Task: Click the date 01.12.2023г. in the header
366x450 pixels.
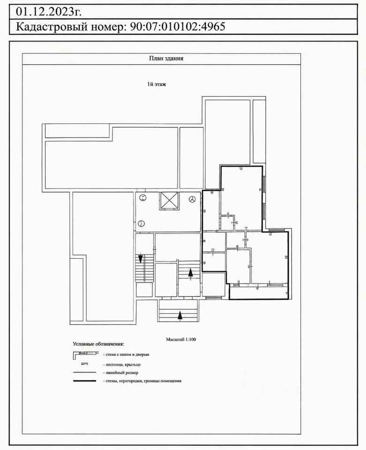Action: [x=48, y=12]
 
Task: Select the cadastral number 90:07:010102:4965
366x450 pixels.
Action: [x=178, y=26]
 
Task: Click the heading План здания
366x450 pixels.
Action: [x=166, y=58]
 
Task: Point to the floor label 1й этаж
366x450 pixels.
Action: [x=157, y=84]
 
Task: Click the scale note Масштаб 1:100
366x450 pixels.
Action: [x=181, y=339]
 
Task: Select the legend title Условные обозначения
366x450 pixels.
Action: [x=98, y=344]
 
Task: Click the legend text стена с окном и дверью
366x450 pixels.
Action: [x=126, y=354]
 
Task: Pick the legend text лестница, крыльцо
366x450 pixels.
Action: [x=122, y=365]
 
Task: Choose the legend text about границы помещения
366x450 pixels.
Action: [x=142, y=381]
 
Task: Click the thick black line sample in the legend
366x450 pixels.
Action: [x=85, y=381]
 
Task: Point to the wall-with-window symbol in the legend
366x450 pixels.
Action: [x=85, y=354]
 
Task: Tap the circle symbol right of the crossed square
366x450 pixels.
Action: [x=192, y=199]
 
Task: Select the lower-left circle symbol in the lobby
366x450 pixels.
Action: [x=141, y=223]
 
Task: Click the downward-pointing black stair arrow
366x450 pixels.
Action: [x=141, y=259]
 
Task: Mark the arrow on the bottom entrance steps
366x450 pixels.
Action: [x=180, y=315]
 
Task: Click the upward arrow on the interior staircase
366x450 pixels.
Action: [x=190, y=272]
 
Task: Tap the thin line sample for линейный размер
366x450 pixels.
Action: [x=85, y=373]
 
